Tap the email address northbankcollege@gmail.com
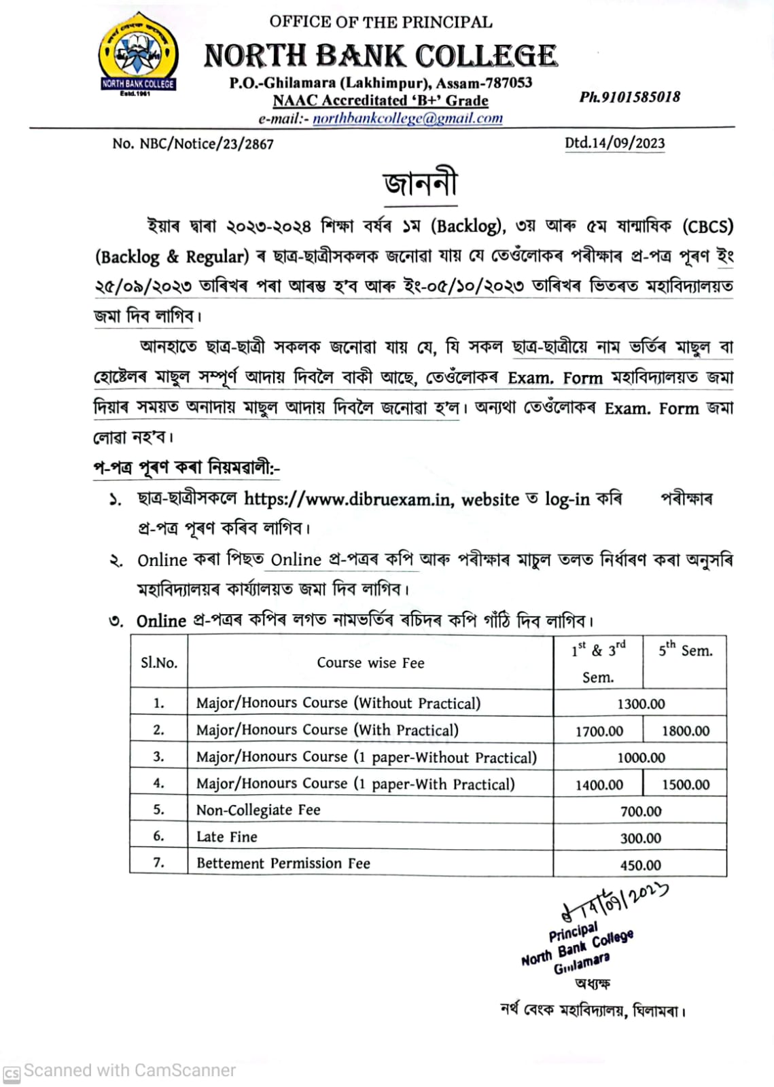tap(408, 118)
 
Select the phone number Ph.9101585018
tap(629, 97)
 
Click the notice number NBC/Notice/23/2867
tap(193, 144)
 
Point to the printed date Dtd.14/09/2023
tap(614, 143)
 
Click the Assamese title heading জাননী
tap(421, 183)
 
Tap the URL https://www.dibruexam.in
tap(347, 499)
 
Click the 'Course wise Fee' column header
tap(370, 663)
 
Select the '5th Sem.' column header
tap(685, 650)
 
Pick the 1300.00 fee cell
tap(640, 704)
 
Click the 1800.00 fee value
tap(685, 731)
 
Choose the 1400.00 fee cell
tap(599, 785)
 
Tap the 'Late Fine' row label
tap(227, 837)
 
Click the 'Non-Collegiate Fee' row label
tap(258, 810)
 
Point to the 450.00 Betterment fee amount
tap(640, 865)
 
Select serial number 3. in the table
tap(158, 757)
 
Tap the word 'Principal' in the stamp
tap(574, 931)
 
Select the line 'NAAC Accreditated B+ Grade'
tap(381, 101)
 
